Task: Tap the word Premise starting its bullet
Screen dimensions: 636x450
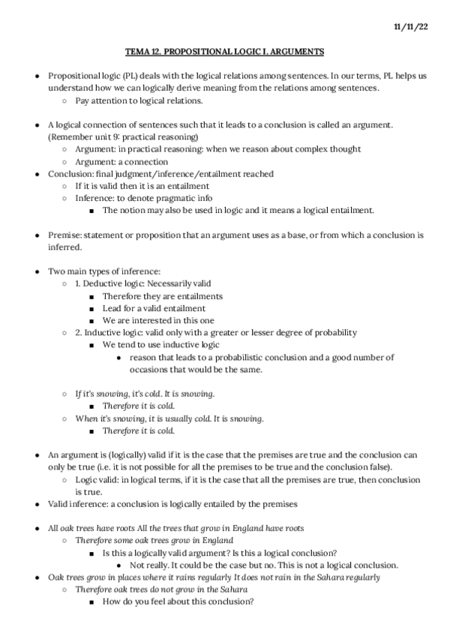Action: coord(64,235)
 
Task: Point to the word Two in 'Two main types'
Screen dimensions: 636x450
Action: coord(56,271)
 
